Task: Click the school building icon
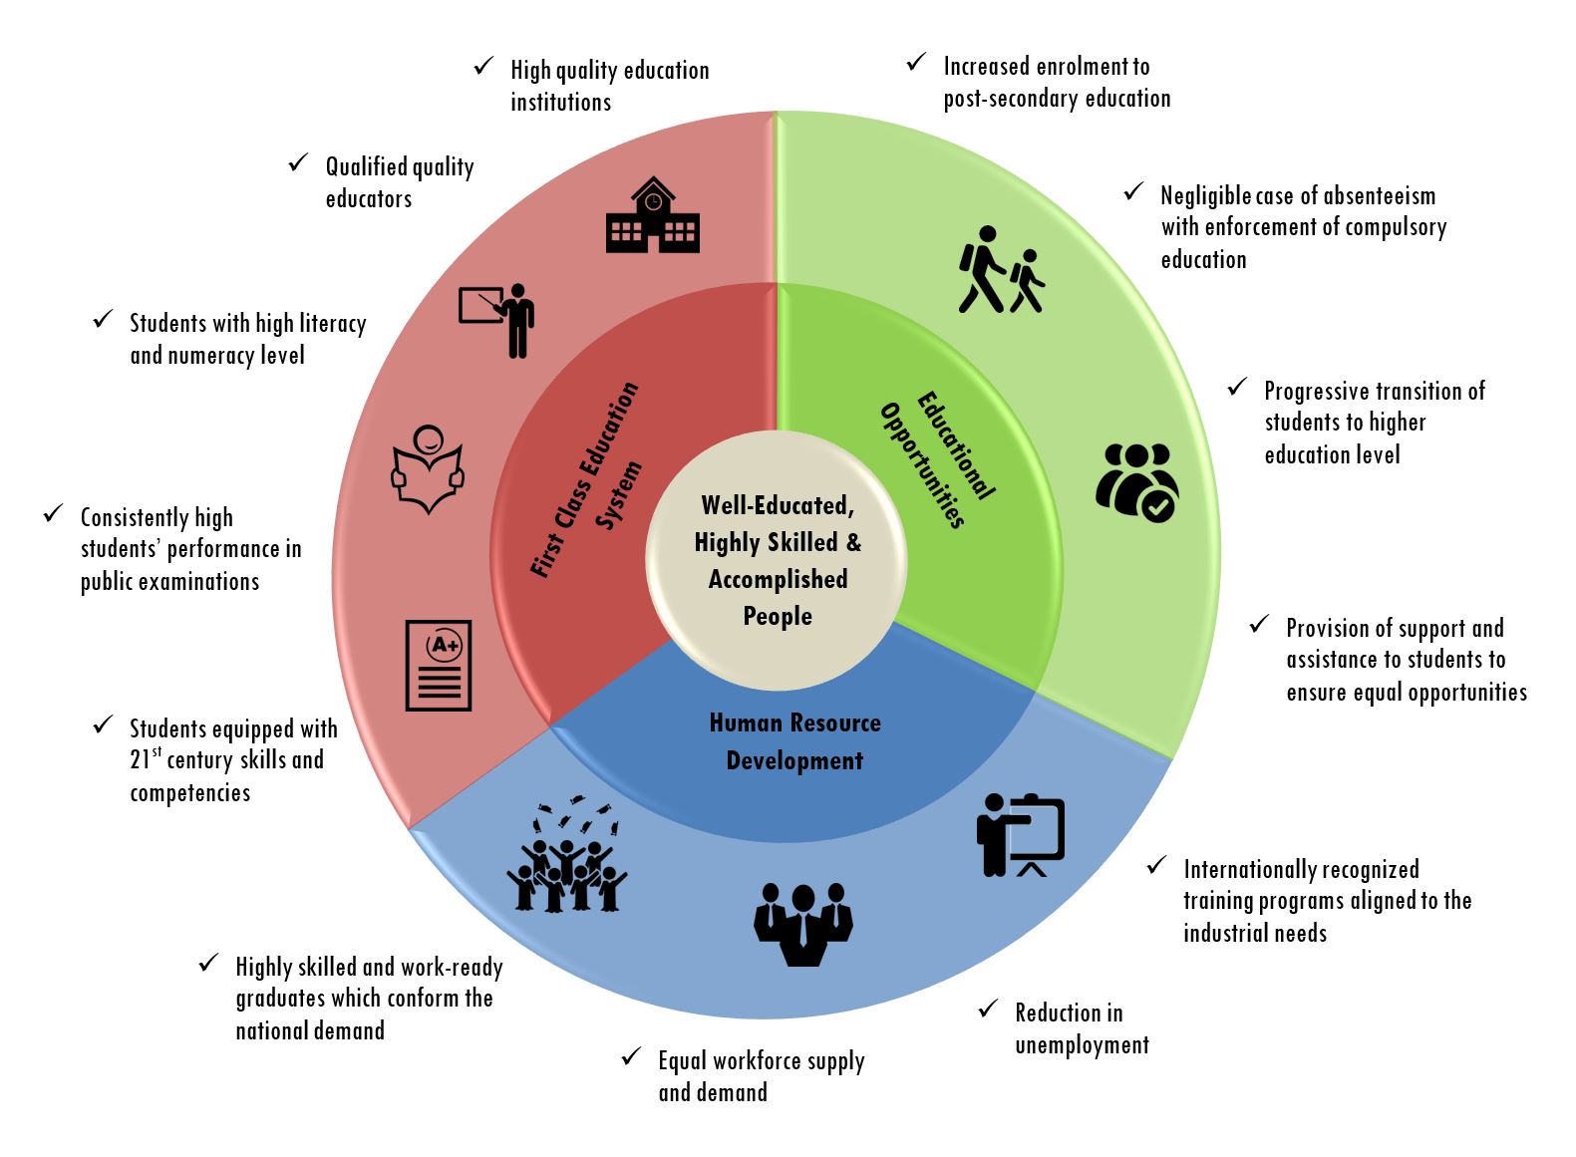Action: click(652, 216)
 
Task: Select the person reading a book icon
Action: click(428, 469)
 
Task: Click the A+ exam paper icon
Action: click(439, 665)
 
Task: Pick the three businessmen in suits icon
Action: click(803, 924)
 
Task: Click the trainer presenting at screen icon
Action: click(1020, 835)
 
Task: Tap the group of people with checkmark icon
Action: click(1135, 481)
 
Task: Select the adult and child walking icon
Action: click(1001, 270)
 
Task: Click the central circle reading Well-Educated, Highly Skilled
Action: click(777, 560)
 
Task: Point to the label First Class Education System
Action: click(586, 478)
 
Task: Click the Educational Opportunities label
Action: click(937, 458)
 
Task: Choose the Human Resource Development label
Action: click(794, 741)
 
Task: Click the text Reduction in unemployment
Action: click(1082, 1028)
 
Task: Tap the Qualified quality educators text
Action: click(399, 182)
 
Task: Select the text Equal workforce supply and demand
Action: click(761, 1076)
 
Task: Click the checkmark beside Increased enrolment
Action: click(916, 63)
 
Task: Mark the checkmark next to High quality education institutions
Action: click(483, 67)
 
